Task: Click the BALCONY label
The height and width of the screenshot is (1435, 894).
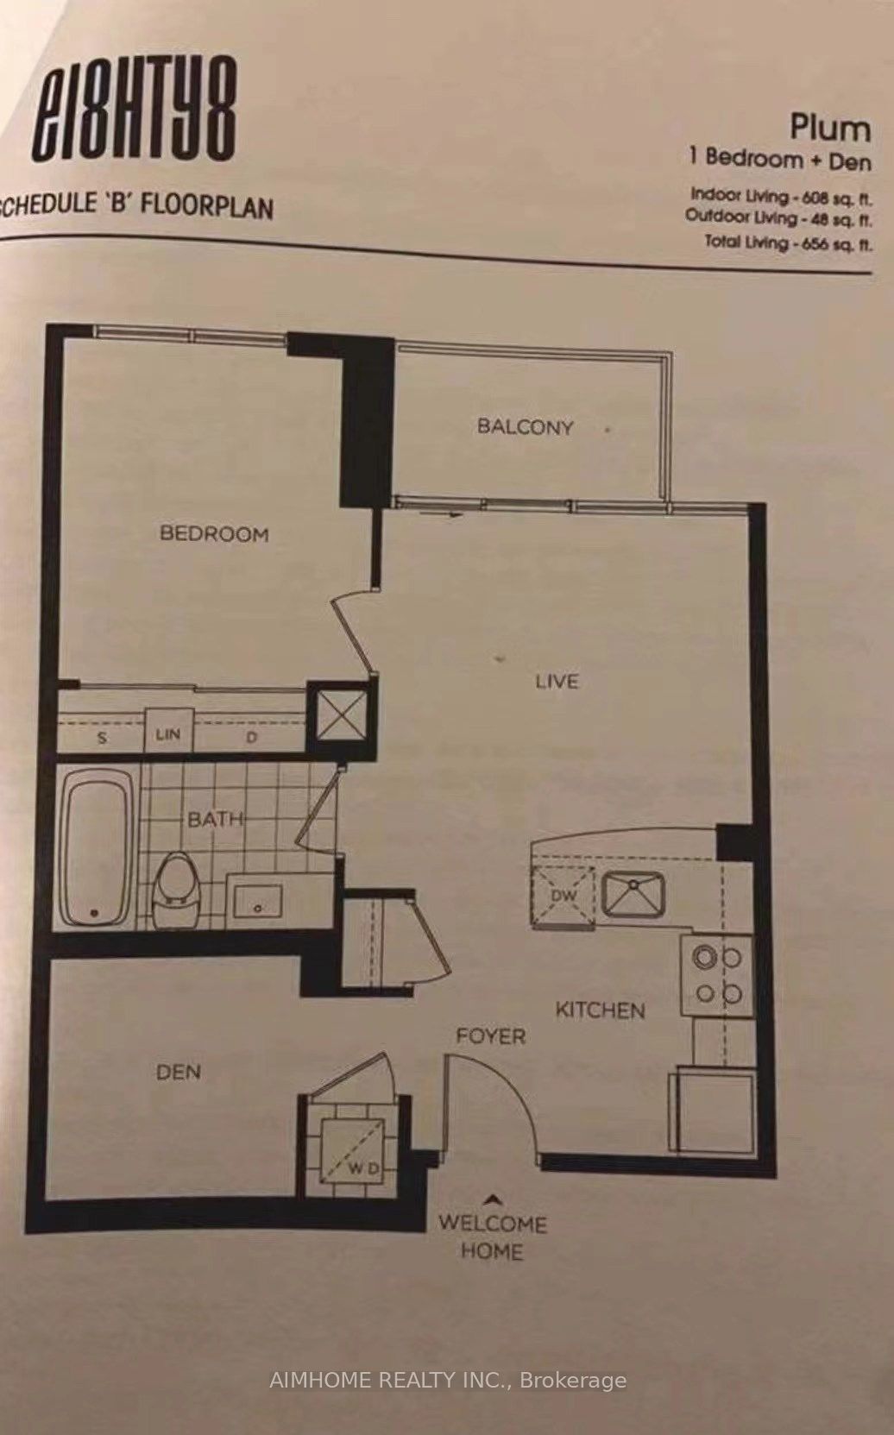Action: pos(525,426)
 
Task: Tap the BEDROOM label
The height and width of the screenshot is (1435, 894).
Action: pos(214,533)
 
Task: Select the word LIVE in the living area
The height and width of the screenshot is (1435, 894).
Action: pos(557,680)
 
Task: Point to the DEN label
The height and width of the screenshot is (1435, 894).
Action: pos(179,1072)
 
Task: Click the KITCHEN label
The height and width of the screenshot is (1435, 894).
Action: pos(600,1010)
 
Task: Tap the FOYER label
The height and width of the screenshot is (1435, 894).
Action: pos(491,1035)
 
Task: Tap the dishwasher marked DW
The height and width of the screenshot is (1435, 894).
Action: pos(564,896)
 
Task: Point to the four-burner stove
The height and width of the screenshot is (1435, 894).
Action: pos(717,976)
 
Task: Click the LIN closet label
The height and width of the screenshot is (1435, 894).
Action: pos(168,733)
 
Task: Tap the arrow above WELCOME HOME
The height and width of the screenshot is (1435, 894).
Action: pos(493,1199)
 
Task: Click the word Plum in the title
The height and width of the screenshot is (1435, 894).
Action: pos(830,128)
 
